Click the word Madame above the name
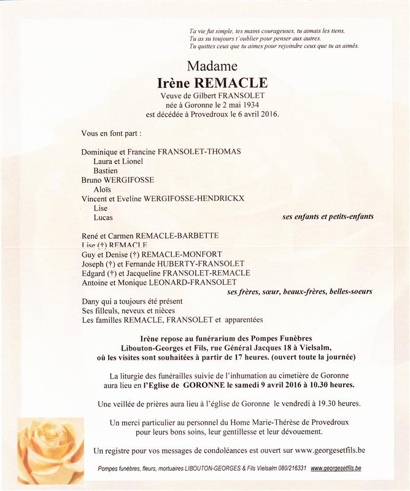[212, 66]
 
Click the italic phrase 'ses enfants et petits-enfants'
[328, 217]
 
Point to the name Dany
[90, 301]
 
